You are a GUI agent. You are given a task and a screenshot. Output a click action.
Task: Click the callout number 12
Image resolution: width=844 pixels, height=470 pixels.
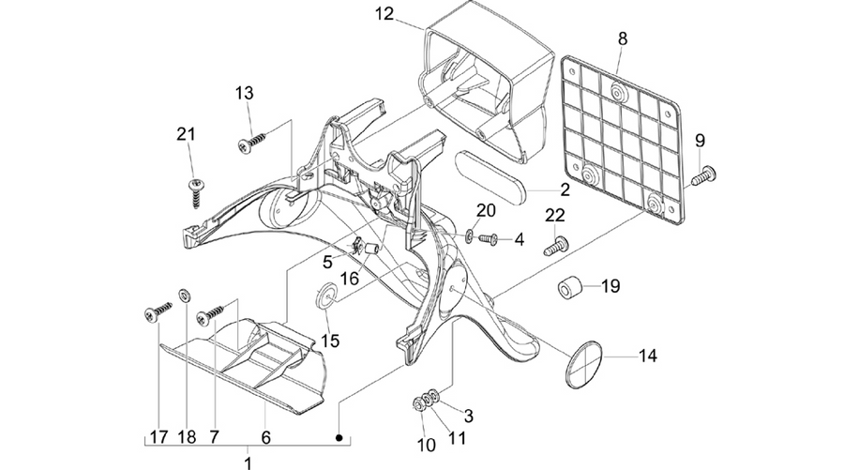(x=384, y=14)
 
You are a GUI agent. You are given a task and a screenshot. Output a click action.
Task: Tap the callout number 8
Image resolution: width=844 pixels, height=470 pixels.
(x=623, y=38)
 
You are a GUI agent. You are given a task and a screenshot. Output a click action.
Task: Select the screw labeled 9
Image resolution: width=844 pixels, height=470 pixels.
(x=703, y=176)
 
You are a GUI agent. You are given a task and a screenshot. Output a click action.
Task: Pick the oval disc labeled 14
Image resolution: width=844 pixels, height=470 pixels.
(x=583, y=365)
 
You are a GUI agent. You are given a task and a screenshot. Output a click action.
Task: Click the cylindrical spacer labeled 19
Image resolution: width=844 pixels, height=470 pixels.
(x=569, y=287)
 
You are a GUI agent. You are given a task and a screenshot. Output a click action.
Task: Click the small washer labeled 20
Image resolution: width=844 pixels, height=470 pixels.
(x=470, y=235)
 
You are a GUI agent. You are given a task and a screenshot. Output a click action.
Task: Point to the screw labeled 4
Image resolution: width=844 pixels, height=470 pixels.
(x=489, y=238)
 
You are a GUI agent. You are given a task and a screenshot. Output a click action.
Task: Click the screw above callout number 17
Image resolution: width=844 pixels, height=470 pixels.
(x=158, y=311)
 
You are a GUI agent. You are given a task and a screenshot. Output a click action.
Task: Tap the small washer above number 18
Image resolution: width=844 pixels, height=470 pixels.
(x=185, y=295)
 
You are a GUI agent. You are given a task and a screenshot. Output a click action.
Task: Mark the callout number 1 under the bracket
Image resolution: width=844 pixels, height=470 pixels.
(x=248, y=462)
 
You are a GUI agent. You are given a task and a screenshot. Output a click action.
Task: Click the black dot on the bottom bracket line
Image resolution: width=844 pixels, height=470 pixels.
(x=339, y=438)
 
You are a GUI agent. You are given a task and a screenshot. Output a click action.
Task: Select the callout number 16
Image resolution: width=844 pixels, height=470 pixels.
(x=350, y=279)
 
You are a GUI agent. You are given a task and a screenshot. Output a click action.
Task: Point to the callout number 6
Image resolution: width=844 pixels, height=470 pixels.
(x=266, y=436)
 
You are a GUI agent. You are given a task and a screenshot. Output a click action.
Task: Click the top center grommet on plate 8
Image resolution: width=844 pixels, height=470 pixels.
(x=619, y=94)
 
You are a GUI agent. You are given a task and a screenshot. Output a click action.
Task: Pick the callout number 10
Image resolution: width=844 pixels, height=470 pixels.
(x=426, y=446)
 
